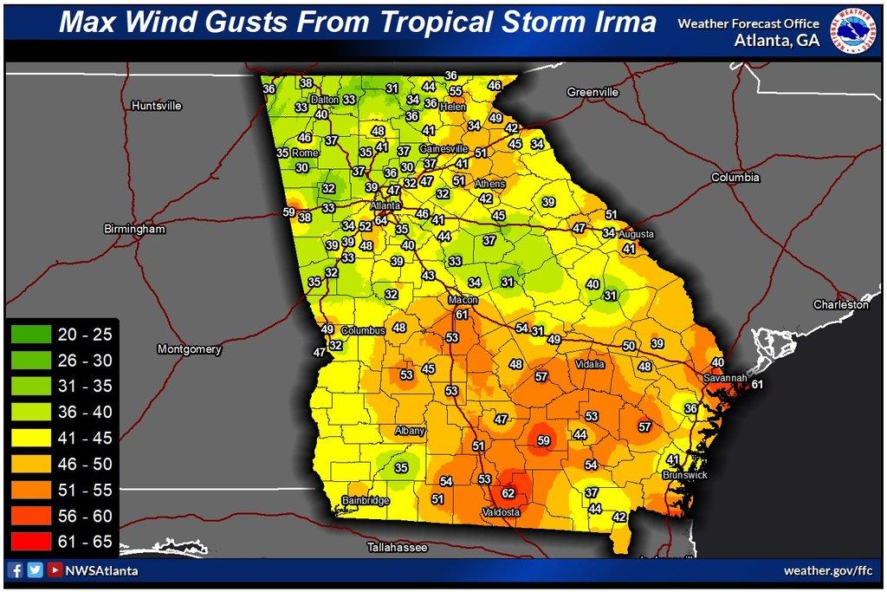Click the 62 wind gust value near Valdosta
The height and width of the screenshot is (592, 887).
(508, 493)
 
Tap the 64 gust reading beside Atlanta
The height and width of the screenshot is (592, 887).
(380, 221)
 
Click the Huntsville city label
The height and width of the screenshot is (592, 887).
(156, 106)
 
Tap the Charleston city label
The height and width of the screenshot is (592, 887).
(839, 305)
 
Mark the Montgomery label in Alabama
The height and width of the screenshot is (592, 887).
(190, 349)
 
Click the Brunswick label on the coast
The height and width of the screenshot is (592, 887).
(684, 476)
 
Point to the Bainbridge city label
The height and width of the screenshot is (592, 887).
(367, 501)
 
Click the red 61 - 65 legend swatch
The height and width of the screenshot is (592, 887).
(32, 543)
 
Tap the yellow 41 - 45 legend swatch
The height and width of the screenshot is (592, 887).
(32, 438)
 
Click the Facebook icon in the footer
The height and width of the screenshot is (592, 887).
(16, 570)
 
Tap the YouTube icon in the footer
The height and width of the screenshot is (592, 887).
(55, 570)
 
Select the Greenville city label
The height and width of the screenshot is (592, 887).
(592, 92)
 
